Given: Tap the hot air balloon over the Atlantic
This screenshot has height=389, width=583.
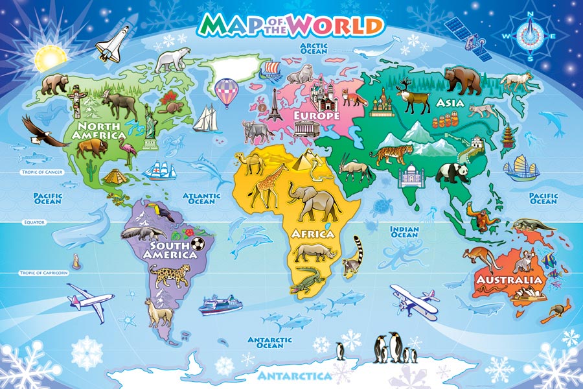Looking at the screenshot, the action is [x=225, y=91].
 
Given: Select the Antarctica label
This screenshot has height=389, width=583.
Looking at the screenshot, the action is [x=294, y=375].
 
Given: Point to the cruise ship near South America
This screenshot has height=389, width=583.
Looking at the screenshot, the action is [x=220, y=304].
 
